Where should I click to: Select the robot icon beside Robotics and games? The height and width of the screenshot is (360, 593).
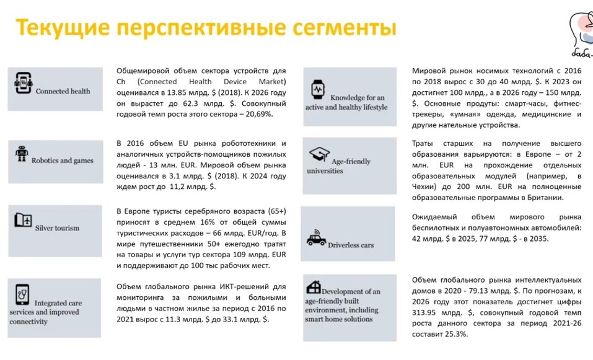point(22,154)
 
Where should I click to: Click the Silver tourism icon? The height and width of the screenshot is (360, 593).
point(24,220)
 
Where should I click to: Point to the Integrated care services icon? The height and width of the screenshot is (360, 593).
point(22,293)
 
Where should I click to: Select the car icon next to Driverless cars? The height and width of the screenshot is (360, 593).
point(317,239)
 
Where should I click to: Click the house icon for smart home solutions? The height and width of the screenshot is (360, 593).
point(314,286)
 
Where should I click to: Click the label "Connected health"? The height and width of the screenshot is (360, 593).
point(63,92)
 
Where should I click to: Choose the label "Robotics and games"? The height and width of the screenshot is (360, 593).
point(62,160)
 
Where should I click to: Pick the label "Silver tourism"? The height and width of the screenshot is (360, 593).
point(57,228)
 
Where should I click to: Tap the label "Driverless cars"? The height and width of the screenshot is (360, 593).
point(351,245)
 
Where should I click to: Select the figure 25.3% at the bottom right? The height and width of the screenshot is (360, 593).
point(455,334)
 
